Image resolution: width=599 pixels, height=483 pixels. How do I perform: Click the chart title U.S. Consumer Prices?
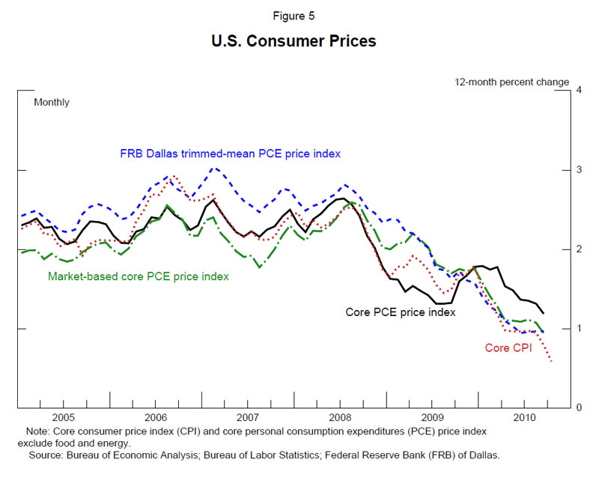tap(294, 41)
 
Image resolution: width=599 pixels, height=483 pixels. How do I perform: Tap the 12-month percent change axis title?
tap(512, 82)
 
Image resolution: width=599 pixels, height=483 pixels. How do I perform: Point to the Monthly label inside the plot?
tap(52, 102)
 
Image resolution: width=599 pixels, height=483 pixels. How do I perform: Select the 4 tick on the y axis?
tap(577, 91)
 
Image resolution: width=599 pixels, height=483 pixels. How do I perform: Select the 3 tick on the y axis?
tap(577, 170)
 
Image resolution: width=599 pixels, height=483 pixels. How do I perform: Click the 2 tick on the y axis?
tap(577, 249)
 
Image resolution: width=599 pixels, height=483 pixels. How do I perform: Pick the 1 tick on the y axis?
tap(577, 329)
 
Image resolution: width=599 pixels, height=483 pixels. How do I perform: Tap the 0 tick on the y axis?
tap(577, 408)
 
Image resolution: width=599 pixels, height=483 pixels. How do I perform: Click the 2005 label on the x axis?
tap(63, 417)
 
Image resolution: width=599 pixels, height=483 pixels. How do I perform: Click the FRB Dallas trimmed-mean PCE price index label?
tap(231, 154)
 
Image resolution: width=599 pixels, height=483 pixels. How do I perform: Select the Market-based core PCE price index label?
tap(139, 276)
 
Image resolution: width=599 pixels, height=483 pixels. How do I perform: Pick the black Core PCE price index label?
tap(400, 311)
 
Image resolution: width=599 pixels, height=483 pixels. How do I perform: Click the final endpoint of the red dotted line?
tap(552, 362)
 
